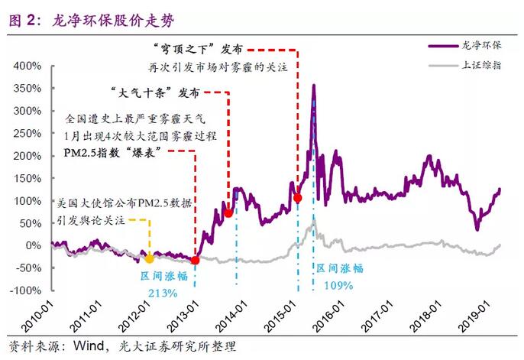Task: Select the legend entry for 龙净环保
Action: pyautogui.click(x=480, y=46)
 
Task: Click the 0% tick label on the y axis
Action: pyautogui.click(x=33, y=245)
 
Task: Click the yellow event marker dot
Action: pyautogui.click(x=150, y=259)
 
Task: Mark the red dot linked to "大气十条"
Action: pyautogui.click(x=228, y=213)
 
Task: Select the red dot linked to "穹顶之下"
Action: pyautogui.click(x=297, y=198)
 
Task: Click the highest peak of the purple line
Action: pyautogui.click(x=313, y=86)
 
